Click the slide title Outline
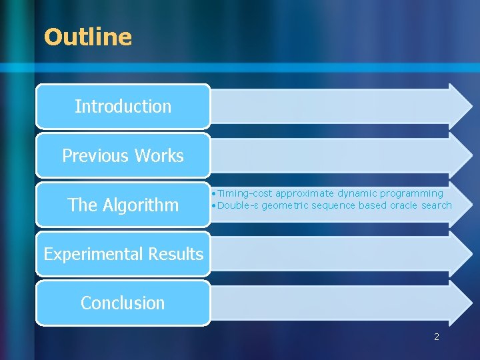pyautogui.click(x=88, y=37)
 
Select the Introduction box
pyautogui.click(x=123, y=106)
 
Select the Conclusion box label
pyautogui.click(x=123, y=303)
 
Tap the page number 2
pyautogui.click(x=437, y=337)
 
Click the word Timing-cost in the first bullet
pyautogui.click(x=245, y=193)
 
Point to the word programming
pyautogui.click(x=411, y=193)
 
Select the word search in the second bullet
pyautogui.click(x=436, y=205)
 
